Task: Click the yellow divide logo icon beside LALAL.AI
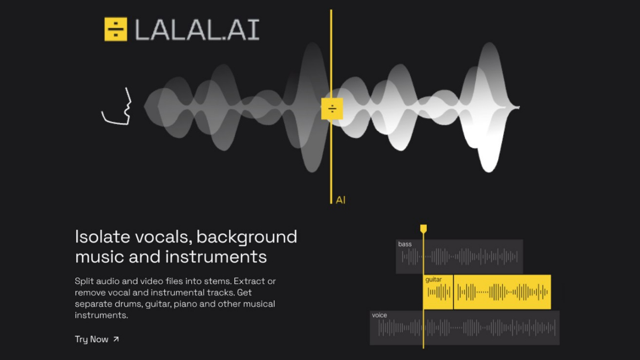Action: [116, 29]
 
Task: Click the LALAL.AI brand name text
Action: [197, 30]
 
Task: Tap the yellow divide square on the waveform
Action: [332, 109]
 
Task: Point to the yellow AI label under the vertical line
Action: [341, 200]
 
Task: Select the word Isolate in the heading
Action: [102, 237]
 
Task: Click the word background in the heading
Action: [247, 237]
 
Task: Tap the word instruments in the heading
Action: [216, 257]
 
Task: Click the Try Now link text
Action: [91, 339]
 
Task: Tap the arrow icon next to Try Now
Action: [116, 339]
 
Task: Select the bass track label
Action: [405, 244]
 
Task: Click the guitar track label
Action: [434, 279]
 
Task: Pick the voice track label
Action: [379, 315]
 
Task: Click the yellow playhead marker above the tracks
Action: [423, 229]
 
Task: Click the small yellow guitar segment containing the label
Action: [438, 292]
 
